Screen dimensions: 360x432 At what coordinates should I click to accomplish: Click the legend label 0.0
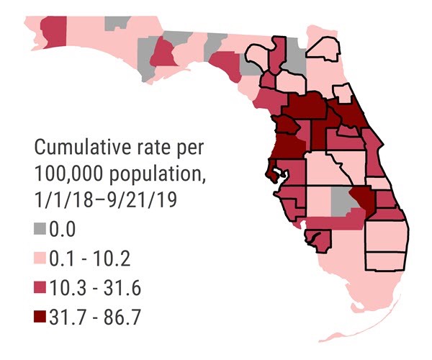66,230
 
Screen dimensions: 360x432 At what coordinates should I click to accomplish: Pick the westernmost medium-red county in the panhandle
53,30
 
